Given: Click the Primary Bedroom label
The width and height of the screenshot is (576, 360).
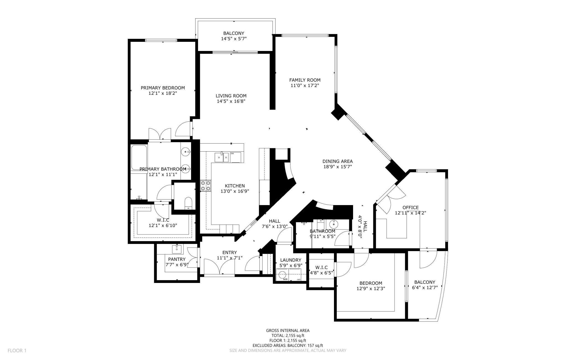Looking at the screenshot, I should click(x=163, y=88).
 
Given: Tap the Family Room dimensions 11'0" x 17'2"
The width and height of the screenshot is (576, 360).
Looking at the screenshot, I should click(x=305, y=86).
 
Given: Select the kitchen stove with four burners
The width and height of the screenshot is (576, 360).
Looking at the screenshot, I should click(x=205, y=186).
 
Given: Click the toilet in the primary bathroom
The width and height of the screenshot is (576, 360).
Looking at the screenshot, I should click(x=188, y=203).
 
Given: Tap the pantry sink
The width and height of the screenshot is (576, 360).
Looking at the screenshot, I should click(x=177, y=249).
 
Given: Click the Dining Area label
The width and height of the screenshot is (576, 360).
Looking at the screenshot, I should click(x=337, y=161).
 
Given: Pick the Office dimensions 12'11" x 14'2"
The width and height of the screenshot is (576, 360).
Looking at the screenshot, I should click(x=410, y=213).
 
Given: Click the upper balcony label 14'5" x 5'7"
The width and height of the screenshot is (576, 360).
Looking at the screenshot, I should click(x=233, y=39).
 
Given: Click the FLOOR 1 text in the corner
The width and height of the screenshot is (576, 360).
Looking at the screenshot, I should click(x=17, y=351).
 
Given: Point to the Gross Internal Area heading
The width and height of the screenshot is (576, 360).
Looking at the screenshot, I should click(x=287, y=330).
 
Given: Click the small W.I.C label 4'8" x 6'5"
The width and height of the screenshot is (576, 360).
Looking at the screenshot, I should click(x=321, y=273).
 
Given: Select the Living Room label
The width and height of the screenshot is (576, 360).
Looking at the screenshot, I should click(x=231, y=96).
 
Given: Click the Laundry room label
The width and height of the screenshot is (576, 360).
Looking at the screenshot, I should click(x=290, y=260).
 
